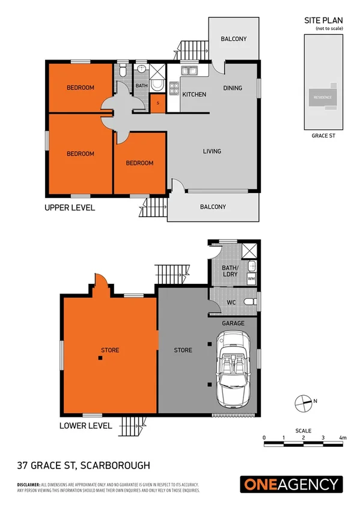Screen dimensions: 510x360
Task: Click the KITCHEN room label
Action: tap(194, 94)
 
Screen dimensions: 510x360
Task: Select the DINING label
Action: tap(233, 88)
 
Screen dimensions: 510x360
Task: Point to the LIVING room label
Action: tap(212, 151)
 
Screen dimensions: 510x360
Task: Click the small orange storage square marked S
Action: tap(157, 103)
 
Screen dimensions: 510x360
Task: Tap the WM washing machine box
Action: tap(251, 279)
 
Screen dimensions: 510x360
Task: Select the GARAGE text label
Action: tap(233, 324)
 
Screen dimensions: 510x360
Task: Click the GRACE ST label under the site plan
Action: tap(323, 136)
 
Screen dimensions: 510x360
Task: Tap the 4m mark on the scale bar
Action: tap(343, 437)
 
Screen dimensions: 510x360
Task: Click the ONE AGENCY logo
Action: tap(291, 484)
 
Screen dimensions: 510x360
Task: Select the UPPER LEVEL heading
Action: tap(70, 207)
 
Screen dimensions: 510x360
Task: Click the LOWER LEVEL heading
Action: tap(86, 425)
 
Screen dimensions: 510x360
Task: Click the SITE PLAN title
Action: tap(323, 20)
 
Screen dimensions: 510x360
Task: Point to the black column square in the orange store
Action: tap(100, 358)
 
